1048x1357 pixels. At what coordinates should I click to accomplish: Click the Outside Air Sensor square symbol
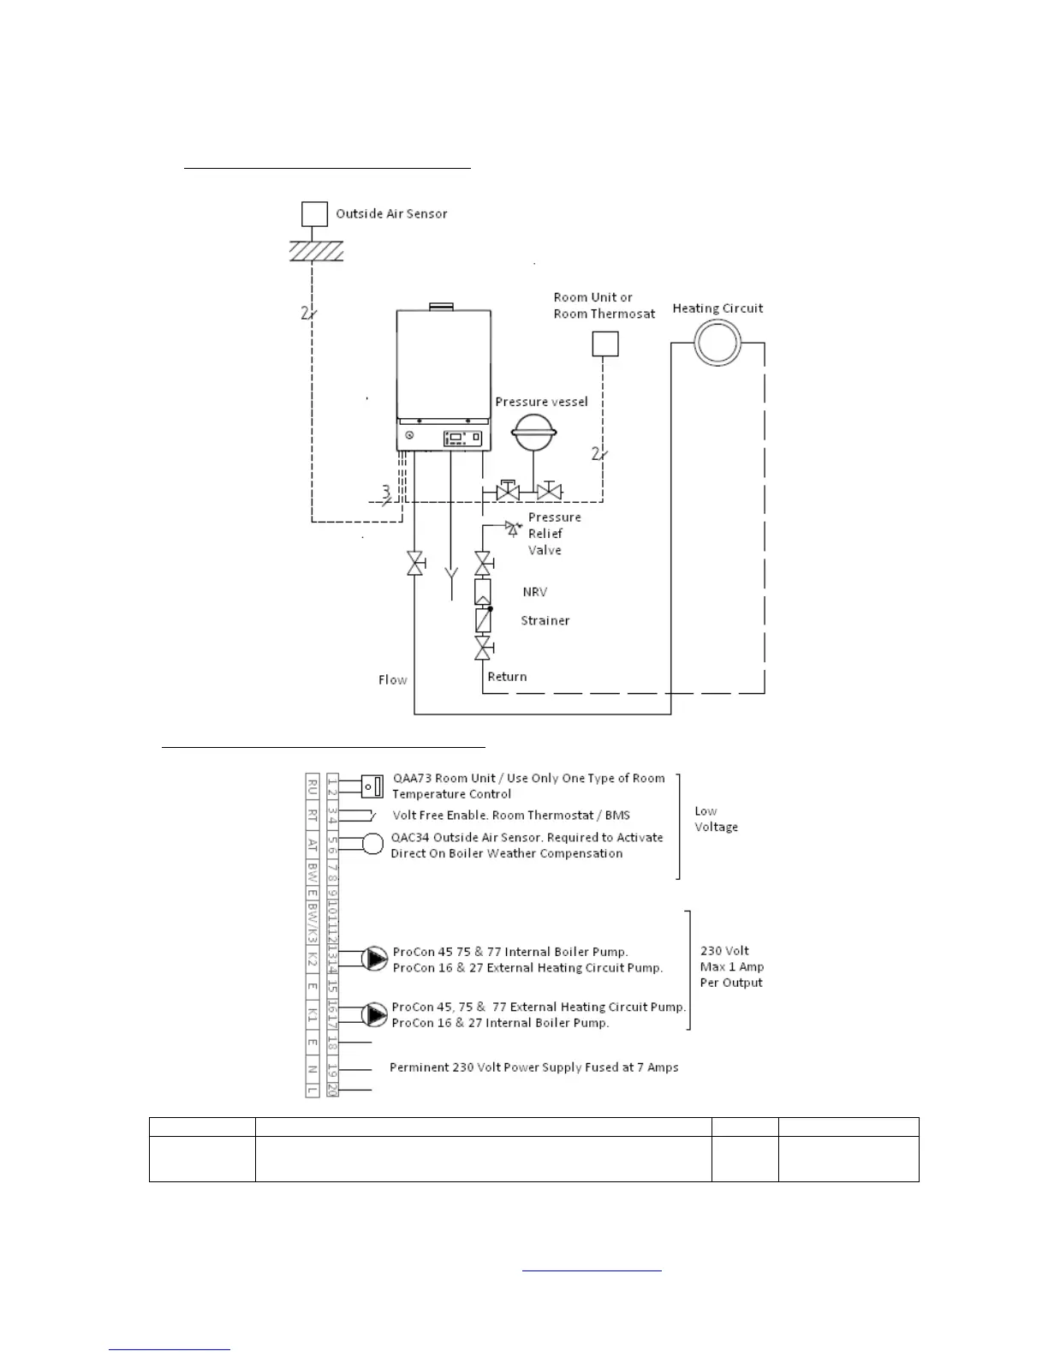[315, 213]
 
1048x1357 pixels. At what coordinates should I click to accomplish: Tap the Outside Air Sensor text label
[391, 213]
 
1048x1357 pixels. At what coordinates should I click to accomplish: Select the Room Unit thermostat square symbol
[605, 344]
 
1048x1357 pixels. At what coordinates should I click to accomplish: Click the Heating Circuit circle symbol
[717, 344]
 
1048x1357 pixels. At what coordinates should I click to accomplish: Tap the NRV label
[535, 592]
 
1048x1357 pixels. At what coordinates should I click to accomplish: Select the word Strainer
[545, 620]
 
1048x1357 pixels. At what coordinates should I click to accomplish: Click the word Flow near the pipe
[393, 679]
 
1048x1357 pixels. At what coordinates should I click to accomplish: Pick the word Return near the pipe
[507, 676]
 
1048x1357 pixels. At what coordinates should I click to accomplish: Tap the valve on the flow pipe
[415, 564]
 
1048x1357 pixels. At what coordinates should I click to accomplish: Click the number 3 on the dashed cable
[386, 492]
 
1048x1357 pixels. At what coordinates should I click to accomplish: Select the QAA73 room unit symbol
[372, 786]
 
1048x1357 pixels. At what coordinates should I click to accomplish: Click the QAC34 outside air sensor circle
[372, 844]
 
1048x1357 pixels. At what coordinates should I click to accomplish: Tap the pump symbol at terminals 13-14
[375, 959]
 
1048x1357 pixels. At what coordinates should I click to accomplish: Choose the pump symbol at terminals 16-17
[375, 1014]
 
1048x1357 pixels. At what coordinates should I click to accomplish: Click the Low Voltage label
[716, 819]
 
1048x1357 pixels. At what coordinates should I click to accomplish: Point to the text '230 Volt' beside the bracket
[724, 951]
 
